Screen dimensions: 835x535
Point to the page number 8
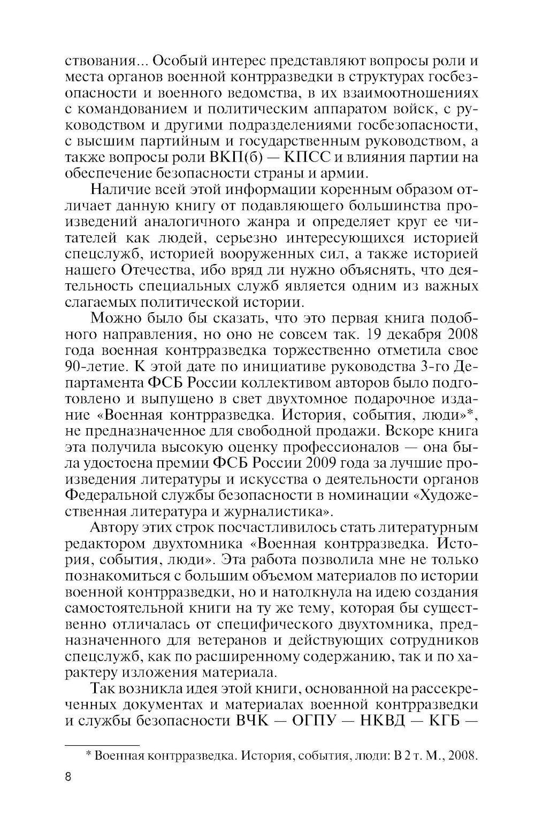(x=68, y=777)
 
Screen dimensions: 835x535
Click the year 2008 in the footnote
(x=461, y=755)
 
